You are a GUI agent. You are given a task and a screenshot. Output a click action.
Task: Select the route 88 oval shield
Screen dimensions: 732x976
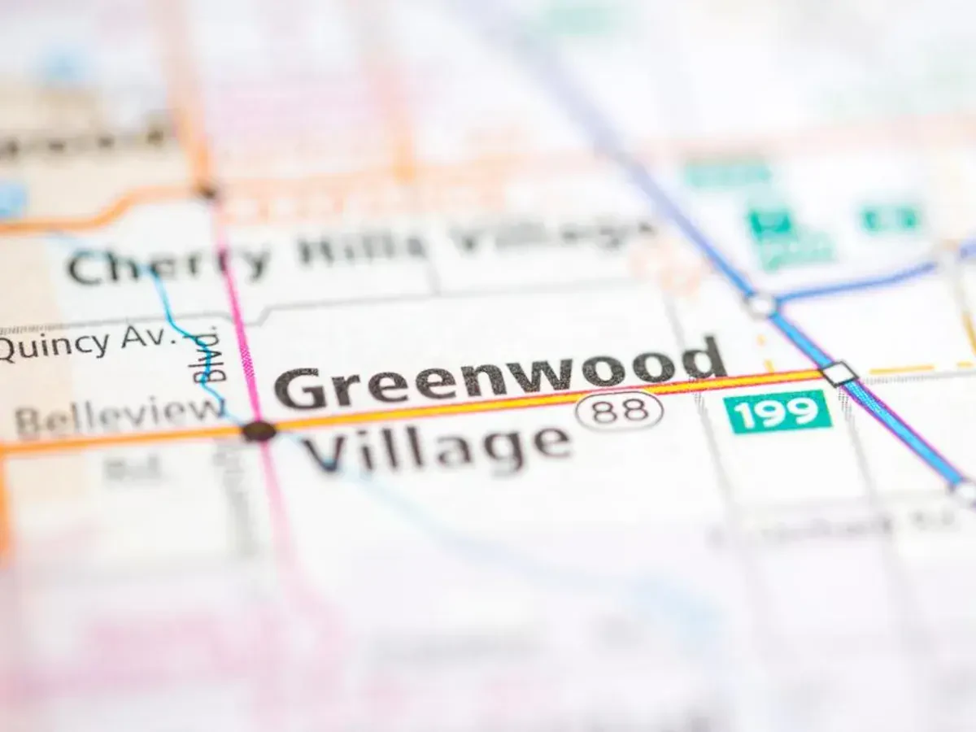click(x=619, y=410)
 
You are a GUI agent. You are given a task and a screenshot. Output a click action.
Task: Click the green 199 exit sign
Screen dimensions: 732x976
click(x=778, y=412)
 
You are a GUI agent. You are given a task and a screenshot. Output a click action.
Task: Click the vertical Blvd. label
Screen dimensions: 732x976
click(x=208, y=355)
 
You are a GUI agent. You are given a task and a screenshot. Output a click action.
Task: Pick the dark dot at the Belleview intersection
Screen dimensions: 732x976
click(x=259, y=431)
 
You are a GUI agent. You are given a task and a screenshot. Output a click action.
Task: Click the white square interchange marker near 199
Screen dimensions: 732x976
click(x=839, y=374)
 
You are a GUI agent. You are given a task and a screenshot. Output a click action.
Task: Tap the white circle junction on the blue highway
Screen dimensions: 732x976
click(x=760, y=305)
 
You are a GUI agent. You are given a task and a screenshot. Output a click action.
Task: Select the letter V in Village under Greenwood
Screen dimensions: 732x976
click(x=321, y=455)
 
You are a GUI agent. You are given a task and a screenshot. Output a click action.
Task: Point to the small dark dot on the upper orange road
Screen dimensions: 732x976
click(x=208, y=192)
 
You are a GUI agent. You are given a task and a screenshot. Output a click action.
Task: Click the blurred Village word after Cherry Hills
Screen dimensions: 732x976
click(x=553, y=236)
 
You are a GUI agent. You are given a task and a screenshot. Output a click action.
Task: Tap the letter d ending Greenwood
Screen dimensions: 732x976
click(x=704, y=358)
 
